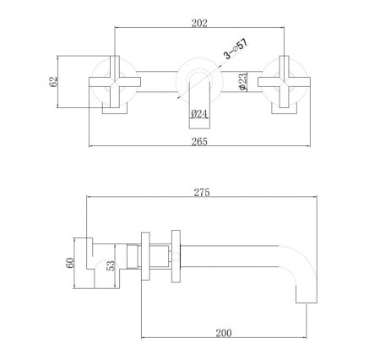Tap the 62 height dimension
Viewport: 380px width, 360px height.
point(54,82)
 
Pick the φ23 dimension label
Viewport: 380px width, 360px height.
point(242,83)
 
